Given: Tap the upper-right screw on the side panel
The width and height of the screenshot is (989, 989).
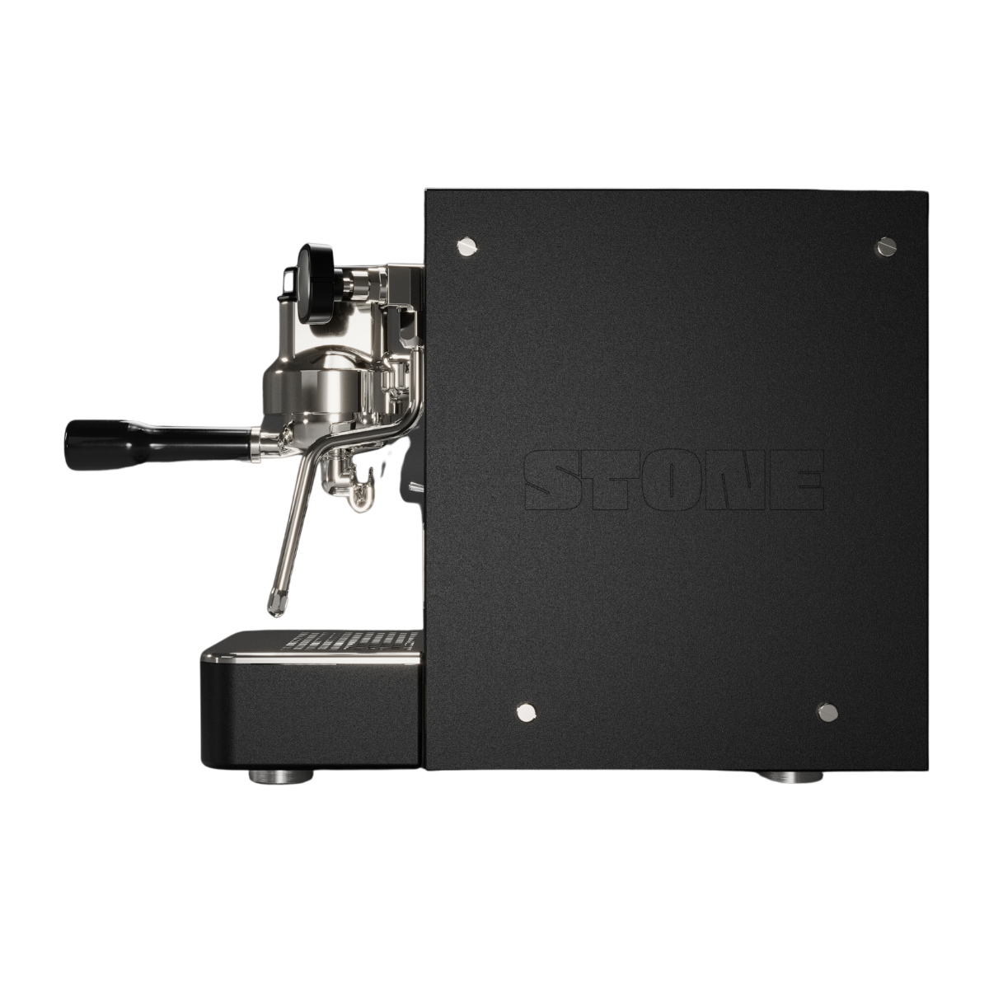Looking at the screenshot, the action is (x=885, y=247).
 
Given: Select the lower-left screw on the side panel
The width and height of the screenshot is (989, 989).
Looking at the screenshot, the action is (x=526, y=712).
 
